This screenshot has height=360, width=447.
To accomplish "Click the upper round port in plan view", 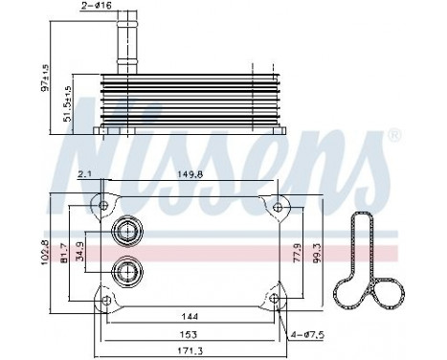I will (x=124, y=230).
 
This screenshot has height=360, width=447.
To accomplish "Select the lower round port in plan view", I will (x=124, y=270).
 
